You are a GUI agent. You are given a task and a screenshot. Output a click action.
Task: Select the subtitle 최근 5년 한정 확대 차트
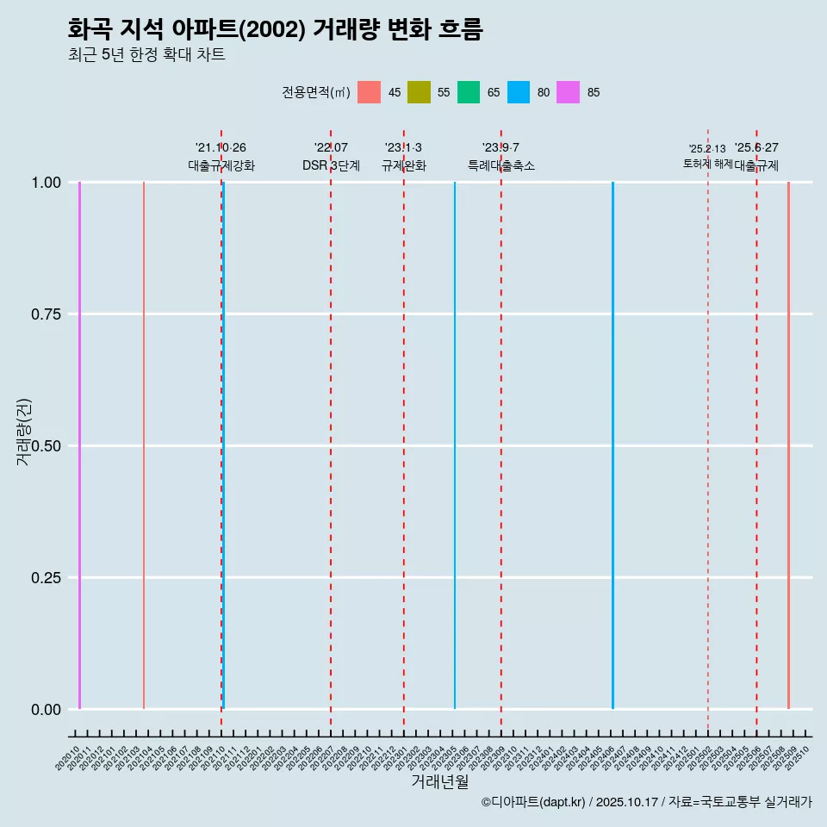coord(146,55)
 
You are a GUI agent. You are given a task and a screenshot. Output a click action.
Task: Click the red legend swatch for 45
coord(369,92)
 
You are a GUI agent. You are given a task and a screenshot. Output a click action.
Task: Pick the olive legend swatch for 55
coord(419,92)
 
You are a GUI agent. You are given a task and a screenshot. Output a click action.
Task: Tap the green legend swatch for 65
coord(469,92)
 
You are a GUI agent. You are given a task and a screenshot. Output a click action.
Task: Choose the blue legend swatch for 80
coord(519,92)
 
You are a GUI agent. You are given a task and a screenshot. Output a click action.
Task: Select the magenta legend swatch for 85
coord(568,92)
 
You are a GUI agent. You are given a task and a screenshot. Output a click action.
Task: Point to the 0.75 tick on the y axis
coord(47,314)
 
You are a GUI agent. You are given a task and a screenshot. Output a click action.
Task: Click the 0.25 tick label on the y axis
coord(47,578)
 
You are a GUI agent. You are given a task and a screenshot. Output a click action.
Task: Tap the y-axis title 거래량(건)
coord(23,432)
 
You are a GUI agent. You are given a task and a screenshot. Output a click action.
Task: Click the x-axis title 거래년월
coord(439,782)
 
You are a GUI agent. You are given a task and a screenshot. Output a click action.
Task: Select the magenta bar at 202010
coord(79,445)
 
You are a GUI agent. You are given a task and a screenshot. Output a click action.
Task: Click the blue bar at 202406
coord(612,445)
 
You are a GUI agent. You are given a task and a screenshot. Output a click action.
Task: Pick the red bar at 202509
coord(788,445)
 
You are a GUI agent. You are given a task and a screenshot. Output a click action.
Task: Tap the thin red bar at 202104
coord(144,445)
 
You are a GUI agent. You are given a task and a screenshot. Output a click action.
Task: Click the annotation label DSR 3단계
coord(331,165)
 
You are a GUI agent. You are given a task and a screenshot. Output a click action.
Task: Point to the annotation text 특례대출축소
coord(501,165)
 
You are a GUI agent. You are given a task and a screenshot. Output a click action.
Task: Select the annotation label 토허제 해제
coord(707,163)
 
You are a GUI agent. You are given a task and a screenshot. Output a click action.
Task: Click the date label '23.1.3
coord(403,148)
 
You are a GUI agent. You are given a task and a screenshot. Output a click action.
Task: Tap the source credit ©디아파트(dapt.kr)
coord(534,802)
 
